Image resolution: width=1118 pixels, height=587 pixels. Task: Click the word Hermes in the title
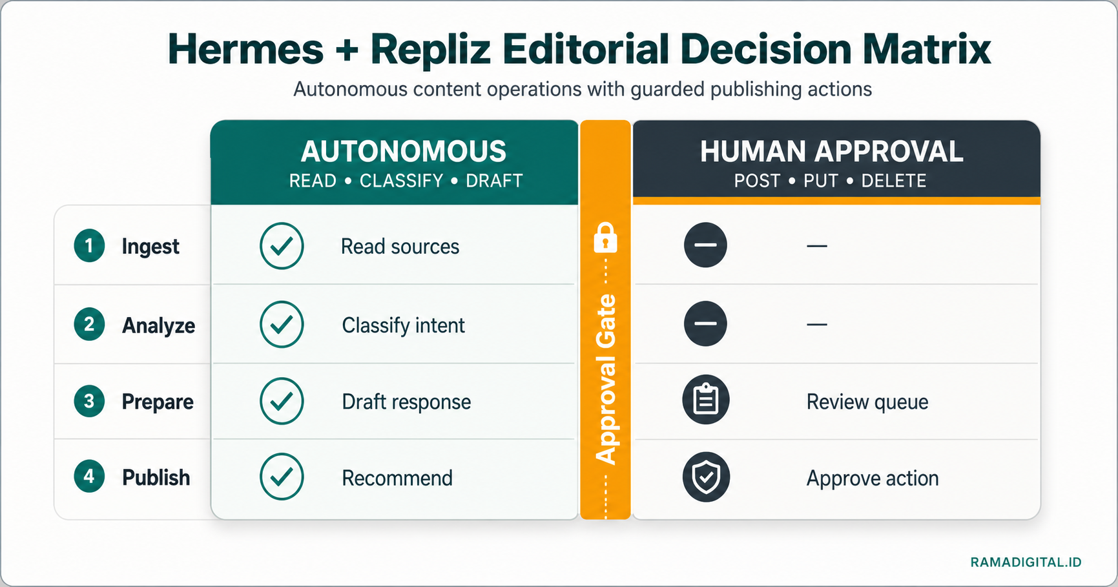point(245,49)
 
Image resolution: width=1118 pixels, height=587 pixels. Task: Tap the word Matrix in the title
point(927,49)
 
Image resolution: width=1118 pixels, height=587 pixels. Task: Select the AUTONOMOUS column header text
point(404,152)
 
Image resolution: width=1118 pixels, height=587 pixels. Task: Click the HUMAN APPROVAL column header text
point(832,152)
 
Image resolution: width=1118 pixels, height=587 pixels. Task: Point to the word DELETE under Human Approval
point(894,181)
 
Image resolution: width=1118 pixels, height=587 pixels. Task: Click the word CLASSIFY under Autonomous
point(402,181)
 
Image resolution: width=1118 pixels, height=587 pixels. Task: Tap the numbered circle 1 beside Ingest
point(89,246)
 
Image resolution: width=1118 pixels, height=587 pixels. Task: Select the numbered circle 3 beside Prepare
point(89,401)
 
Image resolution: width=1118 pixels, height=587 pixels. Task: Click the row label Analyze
point(159,325)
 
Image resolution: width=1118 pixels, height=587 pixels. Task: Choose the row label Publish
point(156,478)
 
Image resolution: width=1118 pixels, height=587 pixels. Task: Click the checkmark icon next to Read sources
point(282,246)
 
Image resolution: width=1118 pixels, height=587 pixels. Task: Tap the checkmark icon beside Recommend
point(282,477)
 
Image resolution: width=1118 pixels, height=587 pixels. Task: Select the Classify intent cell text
point(404,325)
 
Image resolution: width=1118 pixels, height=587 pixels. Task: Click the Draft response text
point(407,402)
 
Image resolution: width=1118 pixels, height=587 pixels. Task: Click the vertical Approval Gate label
point(606,380)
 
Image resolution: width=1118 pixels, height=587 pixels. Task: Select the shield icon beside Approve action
point(706,477)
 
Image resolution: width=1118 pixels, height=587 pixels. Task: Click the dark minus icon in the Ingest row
point(705,245)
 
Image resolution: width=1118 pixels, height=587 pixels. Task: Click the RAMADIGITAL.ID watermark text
point(1026,562)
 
